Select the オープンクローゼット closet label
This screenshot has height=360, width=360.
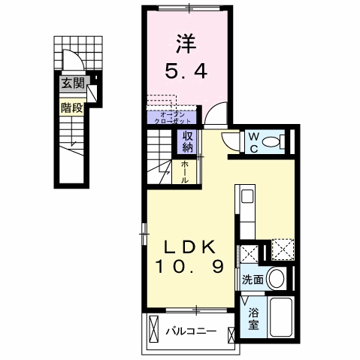(x=172, y=117)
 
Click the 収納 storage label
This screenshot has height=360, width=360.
(x=186, y=141)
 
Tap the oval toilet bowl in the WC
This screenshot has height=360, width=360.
(x=278, y=141)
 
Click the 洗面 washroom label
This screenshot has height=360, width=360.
(x=253, y=280)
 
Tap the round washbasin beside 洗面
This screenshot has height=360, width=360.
(x=277, y=280)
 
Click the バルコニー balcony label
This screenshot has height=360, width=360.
(x=192, y=329)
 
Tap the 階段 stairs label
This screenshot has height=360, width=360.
(x=73, y=106)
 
